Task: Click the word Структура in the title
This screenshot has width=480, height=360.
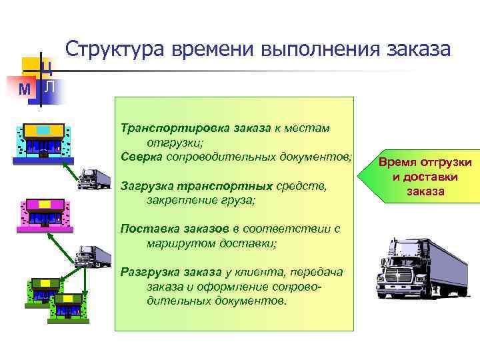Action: tap(114, 50)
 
